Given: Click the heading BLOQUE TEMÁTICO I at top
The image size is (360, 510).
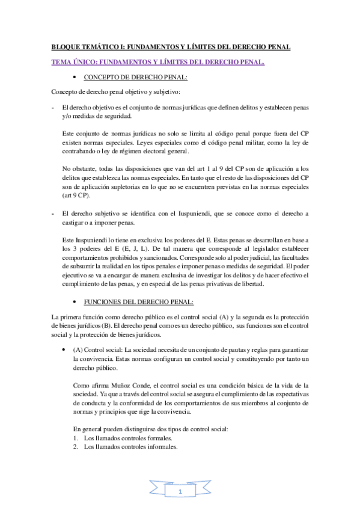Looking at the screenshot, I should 171,47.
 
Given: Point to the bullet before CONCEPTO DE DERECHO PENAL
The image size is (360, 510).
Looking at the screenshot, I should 73,78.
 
